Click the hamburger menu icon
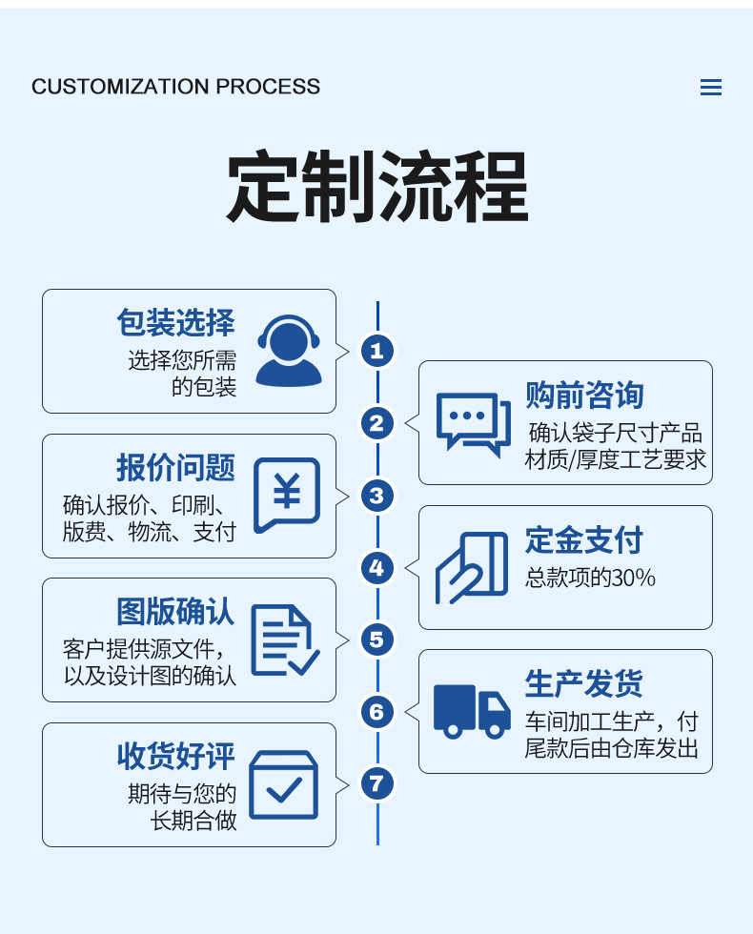[710, 88]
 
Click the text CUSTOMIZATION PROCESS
[176, 87]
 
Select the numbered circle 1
[377, 351]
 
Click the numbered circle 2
[377, 423]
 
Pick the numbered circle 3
[377, 496]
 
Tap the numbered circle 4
[377, 568]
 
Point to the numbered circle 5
[377, 640]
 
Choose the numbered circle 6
[377, 712]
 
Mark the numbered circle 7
[377, 784]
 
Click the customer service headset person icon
[289, 350]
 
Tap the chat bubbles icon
[473, 423]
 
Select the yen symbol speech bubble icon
[287, 496]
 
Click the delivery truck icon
[472, 711]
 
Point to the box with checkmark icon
[283, 785]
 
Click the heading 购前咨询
[584, 395]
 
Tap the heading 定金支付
[584, 540]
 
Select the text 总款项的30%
[590, 578]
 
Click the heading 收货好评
[175, 756]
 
